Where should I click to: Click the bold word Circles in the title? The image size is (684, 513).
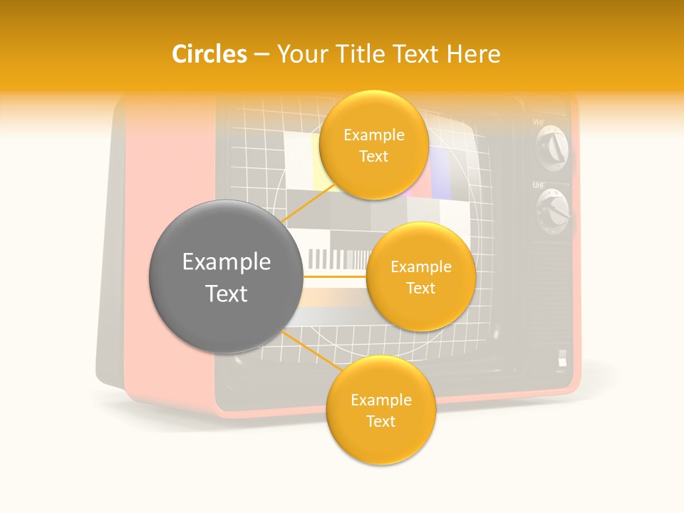click(x=209, y=54)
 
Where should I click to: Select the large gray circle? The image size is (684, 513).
click(x=226, y=276)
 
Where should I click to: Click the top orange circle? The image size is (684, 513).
click(x=373, y=145)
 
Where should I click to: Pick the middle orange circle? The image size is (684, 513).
click(x=420, y=276)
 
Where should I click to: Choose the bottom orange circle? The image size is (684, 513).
click(x=380, y=410)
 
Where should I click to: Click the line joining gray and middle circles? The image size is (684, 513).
click(x=334, y=276)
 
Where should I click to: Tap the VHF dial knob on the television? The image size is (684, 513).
click(x=553, y=150)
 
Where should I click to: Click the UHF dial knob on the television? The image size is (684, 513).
click(x=553, y=211)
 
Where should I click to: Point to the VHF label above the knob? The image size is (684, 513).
click(x=539, y=123)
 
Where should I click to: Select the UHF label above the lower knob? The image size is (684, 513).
click(x=539, y=185)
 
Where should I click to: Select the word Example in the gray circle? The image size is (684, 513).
click(x=226, y=262)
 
